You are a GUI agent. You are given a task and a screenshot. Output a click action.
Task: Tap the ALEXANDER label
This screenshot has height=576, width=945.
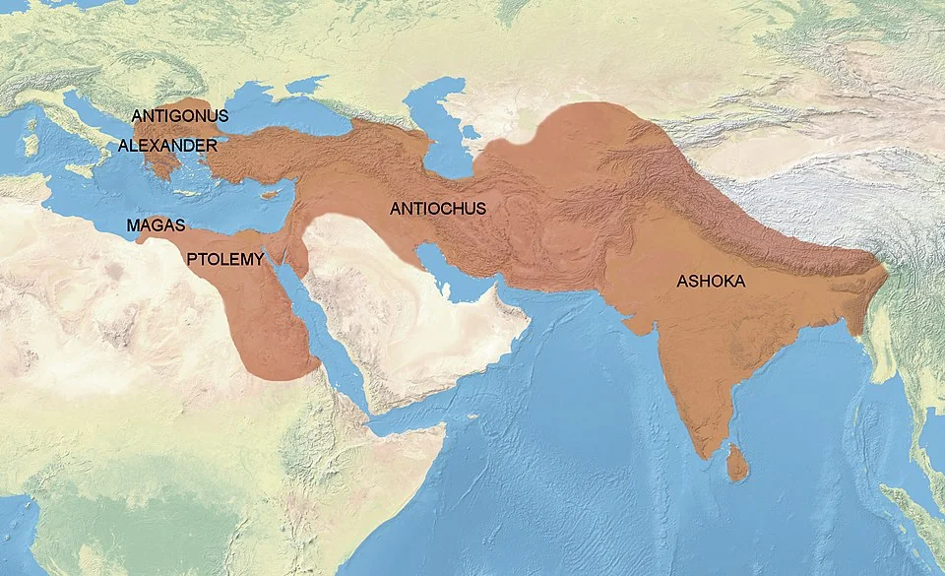(167, 146)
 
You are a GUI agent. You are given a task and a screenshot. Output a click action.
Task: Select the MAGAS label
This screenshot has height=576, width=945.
(156, 226)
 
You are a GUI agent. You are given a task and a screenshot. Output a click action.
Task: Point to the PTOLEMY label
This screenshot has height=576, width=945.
(226, 260)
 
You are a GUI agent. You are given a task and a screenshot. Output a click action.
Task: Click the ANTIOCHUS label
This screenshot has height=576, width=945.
(438, 209)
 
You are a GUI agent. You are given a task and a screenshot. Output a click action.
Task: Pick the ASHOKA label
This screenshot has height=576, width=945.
(711, 282)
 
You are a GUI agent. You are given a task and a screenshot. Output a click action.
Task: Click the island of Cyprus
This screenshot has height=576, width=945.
(264, 194)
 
